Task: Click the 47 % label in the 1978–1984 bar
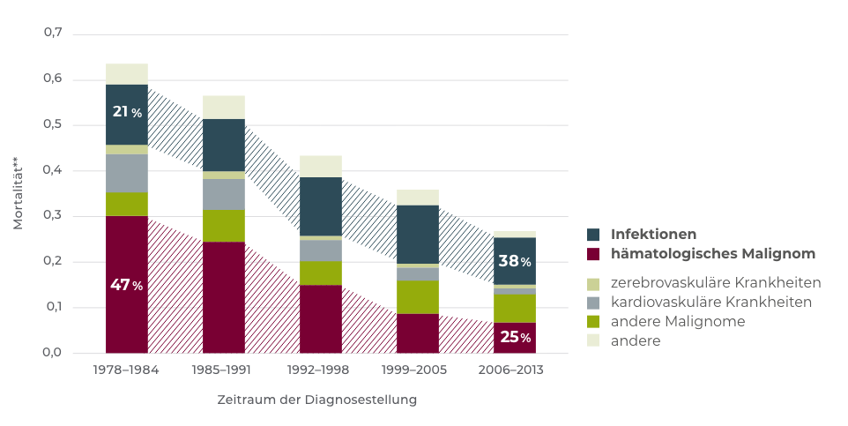coord(126,285)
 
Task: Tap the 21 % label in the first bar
coord(126,112)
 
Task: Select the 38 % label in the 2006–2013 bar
coord(514,261)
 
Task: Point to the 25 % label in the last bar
coord(514,337)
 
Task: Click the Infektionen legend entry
coord(653,235)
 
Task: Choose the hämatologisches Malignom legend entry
coord(712,254)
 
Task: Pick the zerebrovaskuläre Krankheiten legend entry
coord(715,283)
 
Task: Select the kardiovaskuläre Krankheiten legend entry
coord(710,303)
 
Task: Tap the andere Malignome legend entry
coord(677,322)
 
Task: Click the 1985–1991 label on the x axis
coord(224,370)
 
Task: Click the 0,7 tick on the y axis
coord(53,34)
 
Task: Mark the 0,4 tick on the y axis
coord(53,170)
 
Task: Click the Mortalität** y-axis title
coord(19,194)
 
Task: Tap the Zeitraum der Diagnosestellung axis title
coord(317,400)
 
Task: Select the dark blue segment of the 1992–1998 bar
coord(321,206)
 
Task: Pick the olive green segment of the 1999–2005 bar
coord(418,297)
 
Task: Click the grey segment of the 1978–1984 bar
coord(126,173)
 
